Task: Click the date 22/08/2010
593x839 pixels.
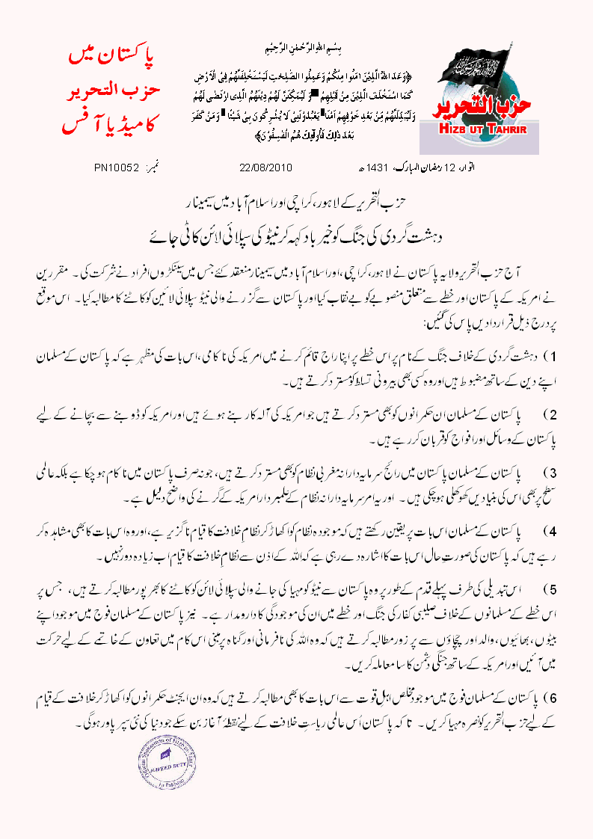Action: coord(265,166)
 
